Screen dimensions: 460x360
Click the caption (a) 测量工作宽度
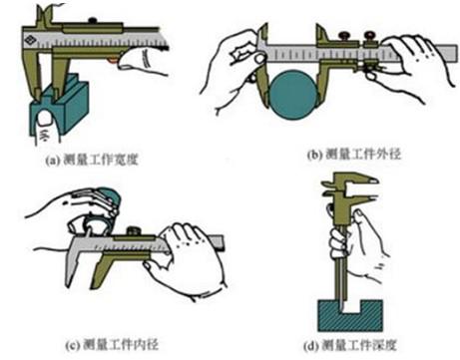(x=92, y=161)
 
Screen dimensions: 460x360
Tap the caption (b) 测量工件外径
(x=354, y=155)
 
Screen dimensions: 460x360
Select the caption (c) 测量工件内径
(x=112, y=345)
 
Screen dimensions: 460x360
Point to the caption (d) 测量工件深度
(x=350, y=345)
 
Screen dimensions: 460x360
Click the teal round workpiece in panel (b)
(x=292, y=95)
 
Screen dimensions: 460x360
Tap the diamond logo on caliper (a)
(x=30, y=40)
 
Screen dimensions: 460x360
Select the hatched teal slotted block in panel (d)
(x=350, y=316)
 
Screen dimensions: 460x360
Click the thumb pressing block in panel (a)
(x=46, y=128)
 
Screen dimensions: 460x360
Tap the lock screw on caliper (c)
(x=134, y=230)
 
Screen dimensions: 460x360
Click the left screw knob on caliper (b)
(x=344, y=35)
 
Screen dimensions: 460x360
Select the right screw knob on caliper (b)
(x=370, y=35)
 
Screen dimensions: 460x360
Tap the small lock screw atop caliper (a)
(x=92, y=21)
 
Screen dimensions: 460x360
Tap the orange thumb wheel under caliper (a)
(x=113, y=60)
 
